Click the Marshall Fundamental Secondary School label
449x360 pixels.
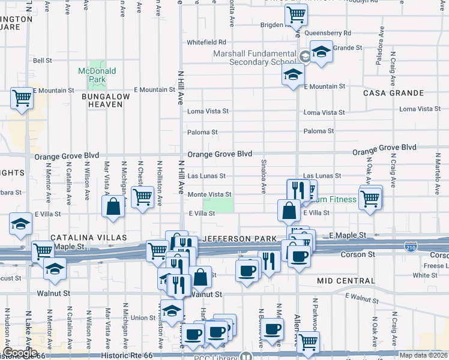pos(255,57)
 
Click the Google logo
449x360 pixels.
pos(20,353)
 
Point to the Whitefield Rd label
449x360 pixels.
pos(206,42)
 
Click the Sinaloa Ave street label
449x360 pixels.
pos(263,176)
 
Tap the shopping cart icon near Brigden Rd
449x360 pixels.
pos(296,14)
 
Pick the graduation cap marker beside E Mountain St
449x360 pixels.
pos(293,75)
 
